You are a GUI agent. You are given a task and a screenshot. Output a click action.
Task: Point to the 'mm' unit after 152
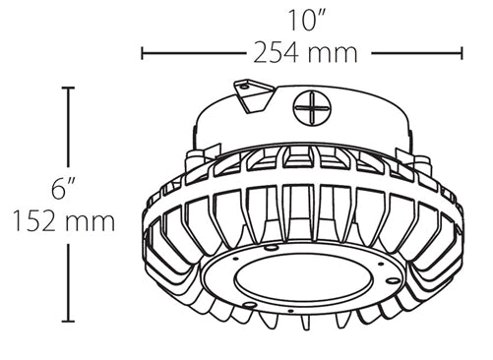[x=92, y=221]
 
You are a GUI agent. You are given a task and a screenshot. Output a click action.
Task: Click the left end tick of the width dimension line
[x=144, y=51]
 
